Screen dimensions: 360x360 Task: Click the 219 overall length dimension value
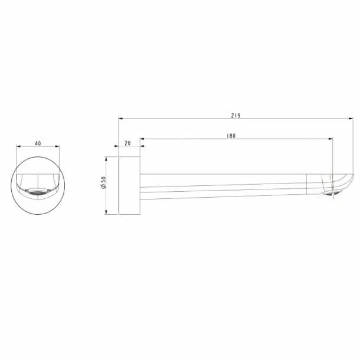[236, 115]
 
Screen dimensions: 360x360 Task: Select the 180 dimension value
[231, 136]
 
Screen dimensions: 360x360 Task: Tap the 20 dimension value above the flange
[128, 143]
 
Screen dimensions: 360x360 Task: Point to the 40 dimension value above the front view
[38, 143]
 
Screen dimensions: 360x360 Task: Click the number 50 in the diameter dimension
[103, 180]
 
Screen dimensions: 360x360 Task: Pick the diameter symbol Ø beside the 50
[103, 188]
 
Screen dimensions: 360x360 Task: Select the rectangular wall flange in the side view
[129, 185]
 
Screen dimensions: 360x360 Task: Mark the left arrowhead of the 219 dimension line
[121, 119]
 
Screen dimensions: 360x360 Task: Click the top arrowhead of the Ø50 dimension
[106, 158]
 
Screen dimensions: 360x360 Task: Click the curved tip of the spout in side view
[343, 181]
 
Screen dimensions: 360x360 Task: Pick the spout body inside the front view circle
[38, 181]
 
